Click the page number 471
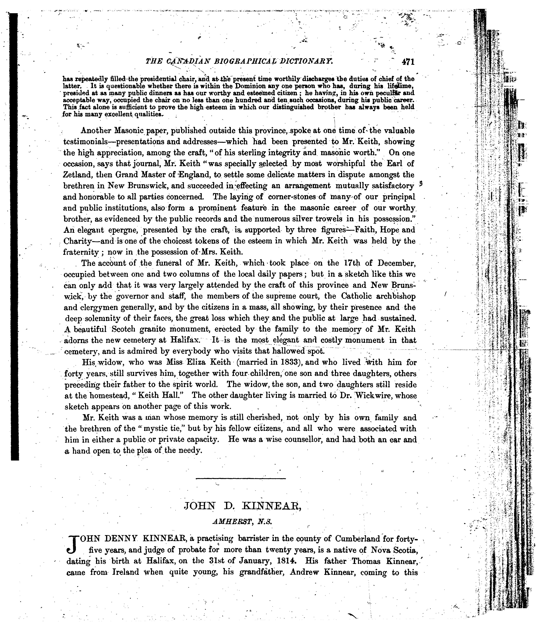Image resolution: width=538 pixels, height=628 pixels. click(408, 62)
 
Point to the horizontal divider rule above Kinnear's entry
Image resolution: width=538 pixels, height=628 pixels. click(241, 479)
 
